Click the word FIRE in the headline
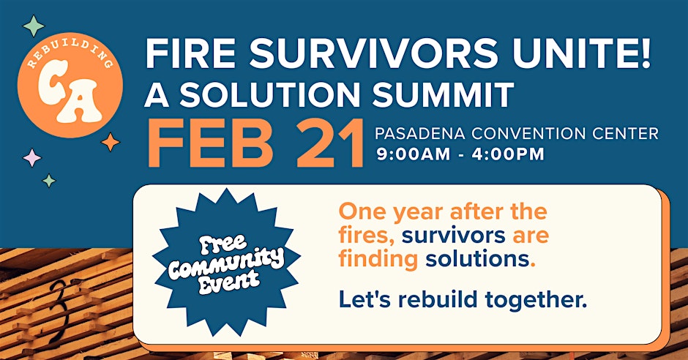tap(191, 53)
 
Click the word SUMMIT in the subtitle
tap(443, 94)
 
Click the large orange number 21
tap(330, 143)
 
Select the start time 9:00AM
tap(413, 154)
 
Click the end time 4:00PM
tap(508, 154)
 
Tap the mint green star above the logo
tap(34, 26)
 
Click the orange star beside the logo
tap(110, 142)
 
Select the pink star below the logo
tap(31, 157)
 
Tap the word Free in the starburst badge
tap(223, 244)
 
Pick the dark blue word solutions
tap(477, 259)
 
